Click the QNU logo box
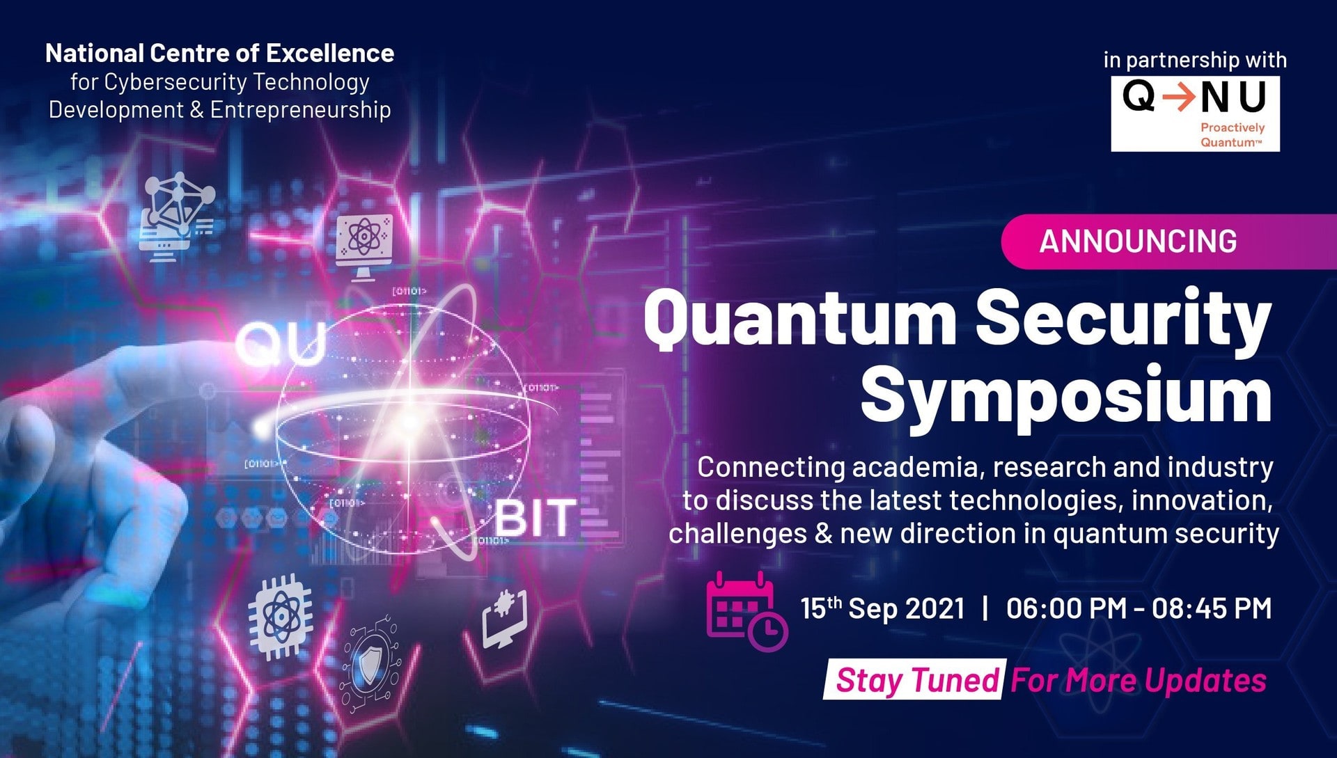[1195, 113]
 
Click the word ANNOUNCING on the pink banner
[1138, 242]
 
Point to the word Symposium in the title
[1066, 396]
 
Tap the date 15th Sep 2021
[882, 608]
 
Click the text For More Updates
[1139, 680]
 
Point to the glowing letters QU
[281, 345]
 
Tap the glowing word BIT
[535, 519]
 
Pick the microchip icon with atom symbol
[280, 616]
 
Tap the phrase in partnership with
[1195, 60]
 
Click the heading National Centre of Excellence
[219, 53]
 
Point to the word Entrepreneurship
[300, 110]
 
